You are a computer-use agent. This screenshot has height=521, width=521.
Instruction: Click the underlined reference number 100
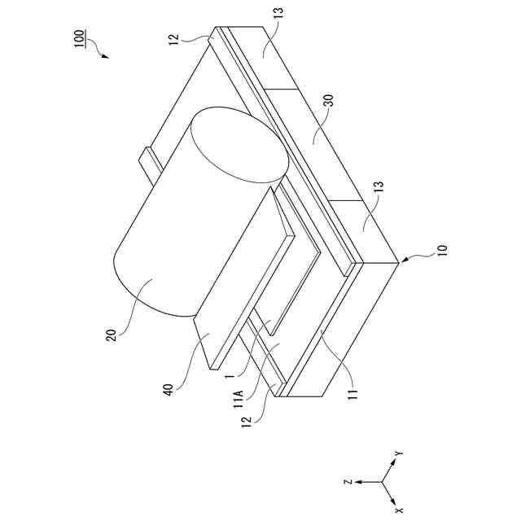81,41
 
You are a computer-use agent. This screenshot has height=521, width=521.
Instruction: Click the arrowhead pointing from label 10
400,260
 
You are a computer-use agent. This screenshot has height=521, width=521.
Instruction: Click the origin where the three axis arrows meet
383,482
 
